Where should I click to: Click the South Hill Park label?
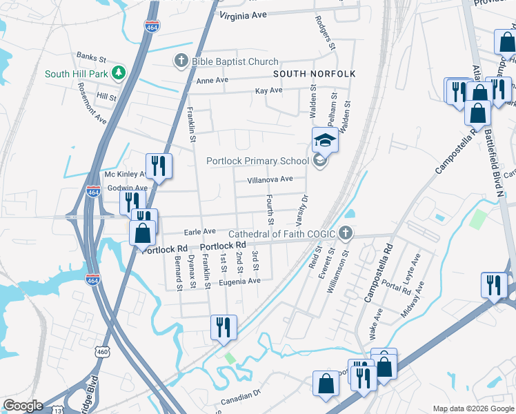tap(76, 74)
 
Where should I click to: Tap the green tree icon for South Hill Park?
tap(119, 72)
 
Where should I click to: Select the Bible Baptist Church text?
tap(235, 62)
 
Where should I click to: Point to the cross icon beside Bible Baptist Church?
tap(181, 62)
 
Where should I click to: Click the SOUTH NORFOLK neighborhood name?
tap(314, 74)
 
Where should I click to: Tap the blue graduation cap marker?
tap(325, 140)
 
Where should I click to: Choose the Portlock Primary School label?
tap(258, 161)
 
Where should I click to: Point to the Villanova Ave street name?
tap(270, 179)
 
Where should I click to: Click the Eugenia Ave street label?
tap(240, 281)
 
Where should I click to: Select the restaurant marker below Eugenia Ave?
tap(224, 327)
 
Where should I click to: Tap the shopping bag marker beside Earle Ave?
tap(143, 233)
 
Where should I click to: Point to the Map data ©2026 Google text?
tap(473, 408)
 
